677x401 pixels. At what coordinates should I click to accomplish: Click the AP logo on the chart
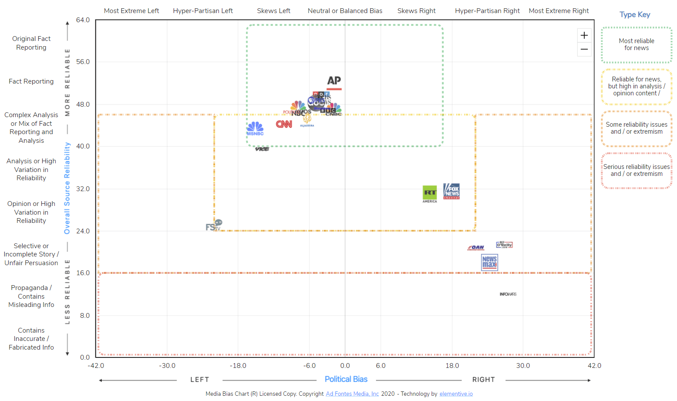tap(334, 81)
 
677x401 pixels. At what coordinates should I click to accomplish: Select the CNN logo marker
tap(284, 124)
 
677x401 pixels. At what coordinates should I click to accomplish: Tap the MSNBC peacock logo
tap(255, 128)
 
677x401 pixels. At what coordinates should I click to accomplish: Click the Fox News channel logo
tap(452, 191)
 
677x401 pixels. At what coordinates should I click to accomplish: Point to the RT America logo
tap(430, 194)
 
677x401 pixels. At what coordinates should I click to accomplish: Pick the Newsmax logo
tap(489, 262)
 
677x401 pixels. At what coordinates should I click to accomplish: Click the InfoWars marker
tap(508, 294)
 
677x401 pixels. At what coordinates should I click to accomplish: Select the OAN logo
tap(476, 248)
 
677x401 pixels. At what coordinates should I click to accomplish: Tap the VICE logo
tap(262, 149)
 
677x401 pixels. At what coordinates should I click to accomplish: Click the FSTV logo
tap(214, 226)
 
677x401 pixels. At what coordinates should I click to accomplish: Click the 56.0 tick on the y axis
tap(83, 62)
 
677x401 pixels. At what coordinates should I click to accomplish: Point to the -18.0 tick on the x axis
tap(238, 366)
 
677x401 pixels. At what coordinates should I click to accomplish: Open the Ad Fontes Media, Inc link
tap(352, 394)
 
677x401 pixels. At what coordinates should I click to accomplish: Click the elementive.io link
tap(456, 394)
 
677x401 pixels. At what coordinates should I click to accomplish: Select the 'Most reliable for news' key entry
tap(637, 44)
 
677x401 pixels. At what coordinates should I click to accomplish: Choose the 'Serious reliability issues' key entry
tap(637, 170)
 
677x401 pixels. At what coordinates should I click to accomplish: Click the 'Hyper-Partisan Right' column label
tap(487, 11)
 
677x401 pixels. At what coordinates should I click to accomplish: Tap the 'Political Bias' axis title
tap(346, 379)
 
